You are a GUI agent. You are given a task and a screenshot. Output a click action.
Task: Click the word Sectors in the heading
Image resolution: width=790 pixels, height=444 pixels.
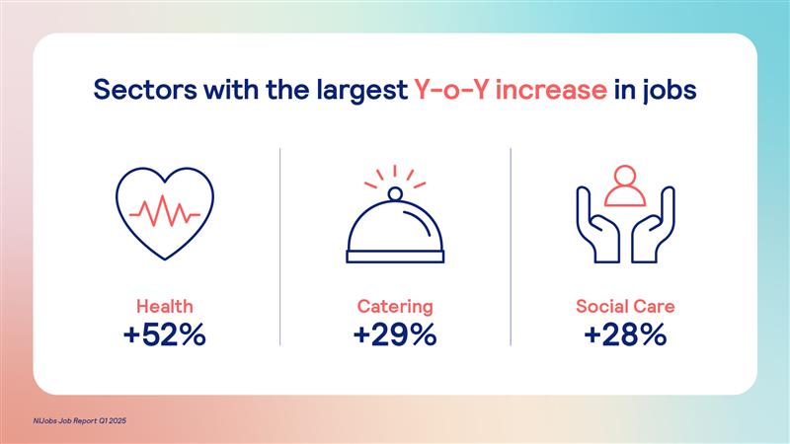pyautogui.click(x=145, y=90)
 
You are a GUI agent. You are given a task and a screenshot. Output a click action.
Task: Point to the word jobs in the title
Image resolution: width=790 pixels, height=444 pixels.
pyautogui.click(x=670, y=91)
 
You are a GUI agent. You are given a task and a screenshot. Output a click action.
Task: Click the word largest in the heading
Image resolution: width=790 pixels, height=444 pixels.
pyautogui.click(x=362, y=91)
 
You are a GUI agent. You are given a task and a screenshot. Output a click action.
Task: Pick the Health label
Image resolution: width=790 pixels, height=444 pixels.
pyautogui.click(x=165, y=306)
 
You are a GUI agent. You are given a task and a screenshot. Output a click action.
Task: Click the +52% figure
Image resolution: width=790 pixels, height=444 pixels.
pyautogui.click(x=165, y=334)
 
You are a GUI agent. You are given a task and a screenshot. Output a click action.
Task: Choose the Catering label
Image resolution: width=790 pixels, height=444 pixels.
pyautogui.click(x=395, y=307)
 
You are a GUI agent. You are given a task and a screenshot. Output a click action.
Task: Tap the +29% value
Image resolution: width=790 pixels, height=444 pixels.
pyautogui.click(x=395, y=334)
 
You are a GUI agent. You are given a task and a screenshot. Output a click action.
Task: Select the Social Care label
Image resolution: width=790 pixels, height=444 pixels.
pyautogui.click(x=625, y=306)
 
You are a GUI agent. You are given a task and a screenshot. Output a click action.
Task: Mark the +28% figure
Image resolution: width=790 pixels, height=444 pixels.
pyautogui.click(x=625, y=334)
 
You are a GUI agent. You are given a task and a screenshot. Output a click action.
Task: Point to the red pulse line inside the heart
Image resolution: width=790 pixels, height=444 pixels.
pyautogui.click(x=165, y=211)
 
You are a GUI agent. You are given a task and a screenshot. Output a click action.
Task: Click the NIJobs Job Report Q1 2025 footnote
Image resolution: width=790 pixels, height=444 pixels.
pyautogui.click(x=80, y=421)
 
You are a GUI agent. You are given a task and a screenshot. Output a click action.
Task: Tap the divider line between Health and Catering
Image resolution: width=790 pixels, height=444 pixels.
pyautogui.click(x=280, y=247)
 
